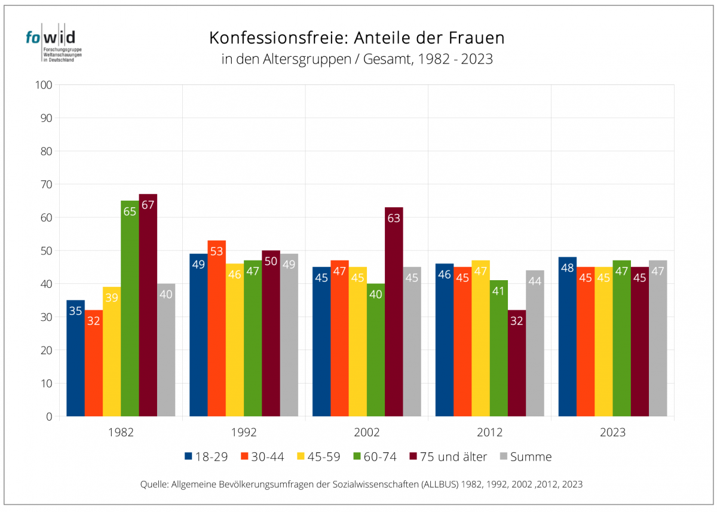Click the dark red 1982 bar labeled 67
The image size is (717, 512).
[148, 305]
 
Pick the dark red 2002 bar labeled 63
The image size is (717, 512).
[394, 311]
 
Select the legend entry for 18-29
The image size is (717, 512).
[206, 456]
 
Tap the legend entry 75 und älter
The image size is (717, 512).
[448, 456]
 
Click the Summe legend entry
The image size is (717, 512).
[525, 456]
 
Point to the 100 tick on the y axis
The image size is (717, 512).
[45, 85]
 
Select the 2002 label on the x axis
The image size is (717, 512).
[367, 432]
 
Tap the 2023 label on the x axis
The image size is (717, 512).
[612, 432]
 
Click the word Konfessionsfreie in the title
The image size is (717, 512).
[278, 38]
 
